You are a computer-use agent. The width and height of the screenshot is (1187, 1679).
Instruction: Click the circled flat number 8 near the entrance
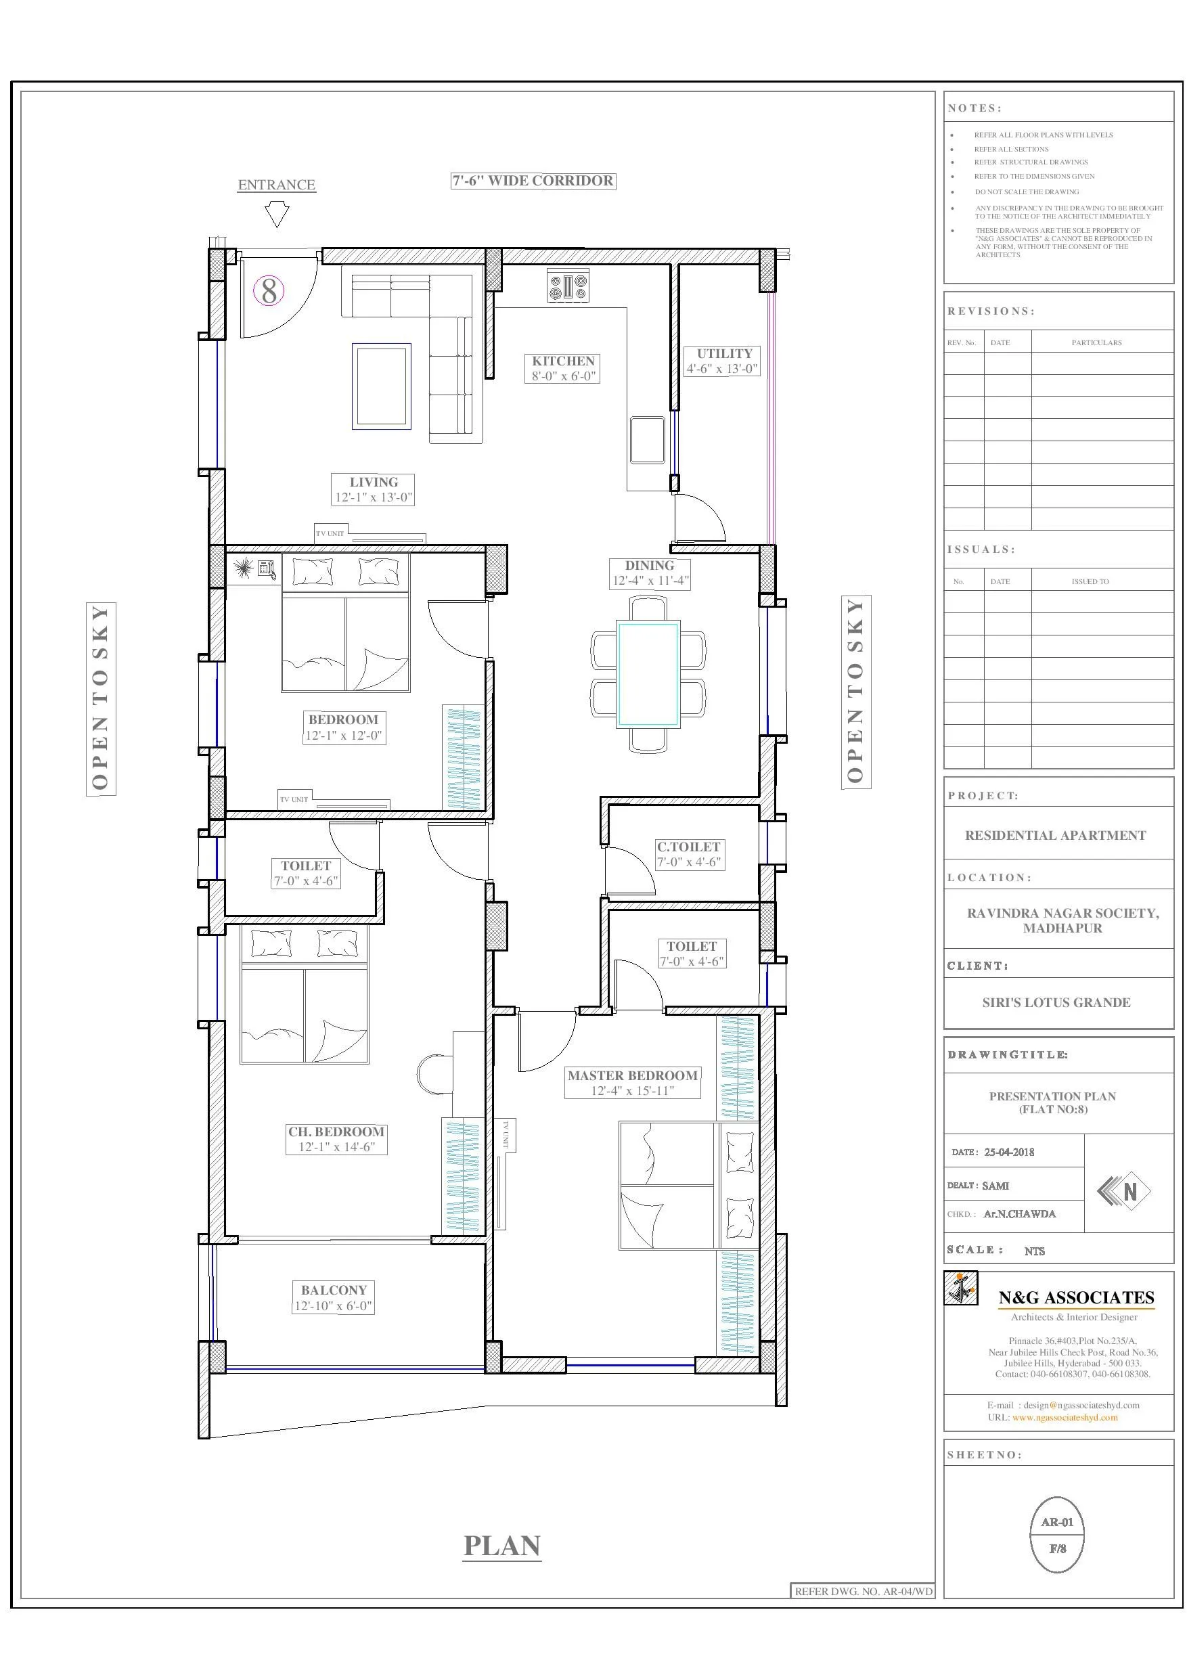[x=269, y=291]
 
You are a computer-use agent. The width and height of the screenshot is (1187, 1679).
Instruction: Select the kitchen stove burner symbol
[x=568, y=285]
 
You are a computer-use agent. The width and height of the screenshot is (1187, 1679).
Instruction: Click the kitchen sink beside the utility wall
[x=647, y=441]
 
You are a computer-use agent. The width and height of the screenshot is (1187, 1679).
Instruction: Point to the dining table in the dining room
[x=648, y=673]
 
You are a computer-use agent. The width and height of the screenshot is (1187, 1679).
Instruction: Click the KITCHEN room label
[x=563, y=361]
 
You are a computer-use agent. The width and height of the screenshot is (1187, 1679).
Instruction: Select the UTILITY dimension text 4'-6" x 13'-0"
[x=721, y=369]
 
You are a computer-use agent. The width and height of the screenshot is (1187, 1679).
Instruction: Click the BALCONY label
[x=334, y=1290]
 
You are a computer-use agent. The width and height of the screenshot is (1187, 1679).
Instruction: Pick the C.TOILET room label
[x=688, y=847]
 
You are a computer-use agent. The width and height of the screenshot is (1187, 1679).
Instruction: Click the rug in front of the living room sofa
[x=380, y=385]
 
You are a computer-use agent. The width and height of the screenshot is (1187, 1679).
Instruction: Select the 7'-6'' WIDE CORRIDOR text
[x=533, y=181]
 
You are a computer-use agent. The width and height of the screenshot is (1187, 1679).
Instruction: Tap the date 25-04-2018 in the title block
[x=1008, y=1152]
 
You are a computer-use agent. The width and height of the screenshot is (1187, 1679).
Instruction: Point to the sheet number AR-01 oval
[x=1057, y=1535]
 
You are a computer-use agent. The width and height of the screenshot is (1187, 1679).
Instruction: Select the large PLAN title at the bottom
[x=501, y=1545]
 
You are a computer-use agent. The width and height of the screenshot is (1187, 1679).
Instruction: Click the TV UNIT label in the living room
[x=330, y=534]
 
